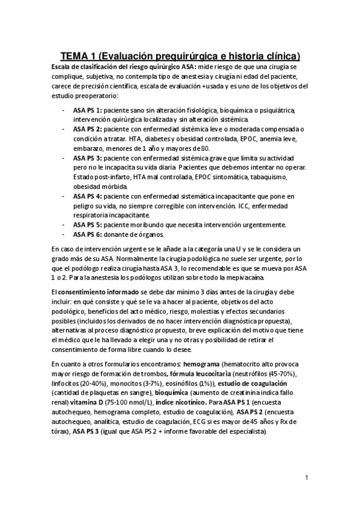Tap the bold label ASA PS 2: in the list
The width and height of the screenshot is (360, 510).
pyautogui.click(x=87, y=129)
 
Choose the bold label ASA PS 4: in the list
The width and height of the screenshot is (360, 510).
pyautogui.click(x=87, y=196)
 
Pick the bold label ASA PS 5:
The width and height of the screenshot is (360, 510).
pyautogui.click(x=87, y=225)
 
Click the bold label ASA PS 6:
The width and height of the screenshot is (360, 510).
pyautogui.click(x=87, y=234)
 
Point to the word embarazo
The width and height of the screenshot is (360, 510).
pyautogui.click(x=90, y=148)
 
